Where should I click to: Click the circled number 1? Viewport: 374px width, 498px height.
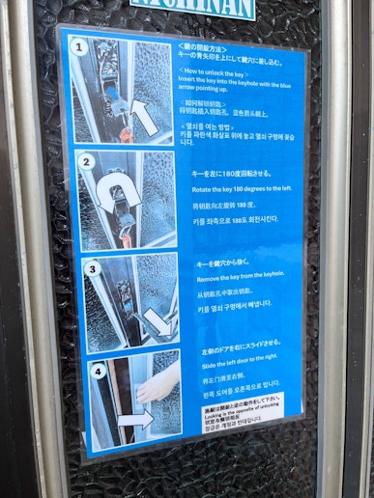pyautogui.click(x=80, y=46)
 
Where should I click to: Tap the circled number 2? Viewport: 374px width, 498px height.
pyautogui.click(x=85, y=162)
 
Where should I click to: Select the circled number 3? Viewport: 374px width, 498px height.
pyautogui.click(x=92, y=268)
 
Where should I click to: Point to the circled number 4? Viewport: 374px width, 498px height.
pyautogui.click(x=98, y=370)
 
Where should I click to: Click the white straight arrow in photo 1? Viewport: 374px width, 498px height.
pyautogui.click(x=143, y=116)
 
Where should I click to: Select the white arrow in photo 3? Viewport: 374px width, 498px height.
pyautogui.click(x=156, y=321)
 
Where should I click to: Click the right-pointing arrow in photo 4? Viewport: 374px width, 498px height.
pyautogui.click(x=137, y=418)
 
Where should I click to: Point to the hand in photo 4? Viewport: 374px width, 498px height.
pyautogui.click(x=158, y=386)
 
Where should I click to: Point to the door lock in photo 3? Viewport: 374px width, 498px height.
pyautogui.click(x=124, y=289)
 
